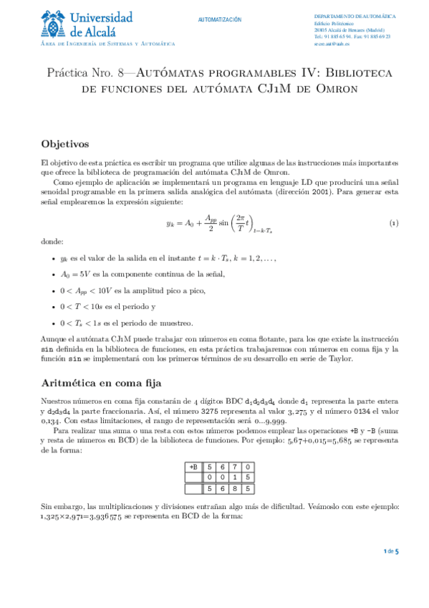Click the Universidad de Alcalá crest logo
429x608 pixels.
(x=55, y=24)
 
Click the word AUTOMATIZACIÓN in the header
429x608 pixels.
(x=220, y=20)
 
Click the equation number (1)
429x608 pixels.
(x=393, y=224)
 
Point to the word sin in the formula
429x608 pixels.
(x=228, y=224)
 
